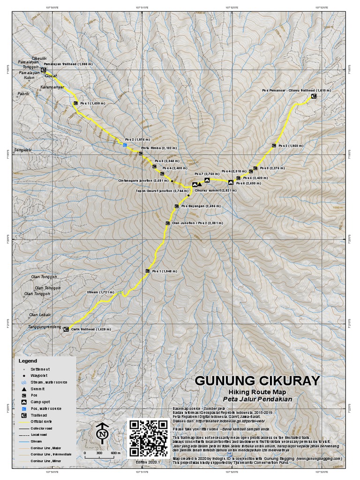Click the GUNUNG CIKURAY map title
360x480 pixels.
[x=257, y=380]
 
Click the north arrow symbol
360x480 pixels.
[x=102, y=433]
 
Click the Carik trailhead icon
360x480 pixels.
[x=66, y=330]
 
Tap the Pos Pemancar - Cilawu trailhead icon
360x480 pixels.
[x=313, y=96]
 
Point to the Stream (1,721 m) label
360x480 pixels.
[x=100, y=292]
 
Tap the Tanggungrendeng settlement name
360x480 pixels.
[x=45, y=327]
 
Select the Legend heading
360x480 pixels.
[x=27, y=361]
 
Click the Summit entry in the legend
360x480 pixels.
[x=37, y=389]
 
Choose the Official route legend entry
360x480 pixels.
[x=42, y=421]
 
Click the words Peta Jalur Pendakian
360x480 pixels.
[x=257, y=399]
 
